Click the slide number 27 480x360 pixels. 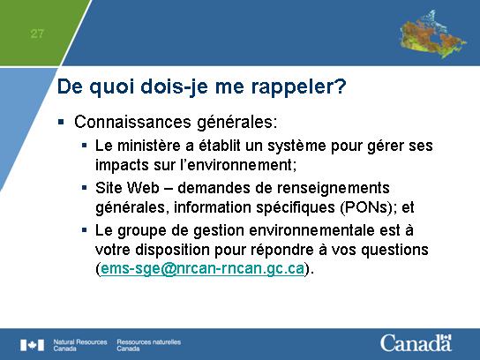[37, 33]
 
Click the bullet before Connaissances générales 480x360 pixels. [61, 122]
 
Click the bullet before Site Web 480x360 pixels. [85, 187]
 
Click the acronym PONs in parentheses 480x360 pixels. [366, 207]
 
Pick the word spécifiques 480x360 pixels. [296, 207]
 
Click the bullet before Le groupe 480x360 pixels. [85, 229]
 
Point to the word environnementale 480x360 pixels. [311, 230]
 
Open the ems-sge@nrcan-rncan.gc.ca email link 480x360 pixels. [202, 269]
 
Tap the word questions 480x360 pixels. [394, 250]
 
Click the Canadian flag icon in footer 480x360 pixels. [32, 345]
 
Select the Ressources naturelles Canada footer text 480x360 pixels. [149, 345]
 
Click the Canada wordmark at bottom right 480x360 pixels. [416, 343]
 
